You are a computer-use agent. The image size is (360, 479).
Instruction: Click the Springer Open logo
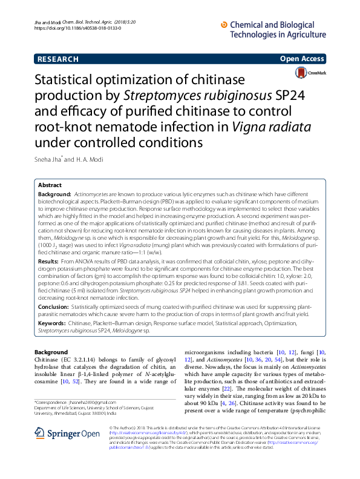(58, 417)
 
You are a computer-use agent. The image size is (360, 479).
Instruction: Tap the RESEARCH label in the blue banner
(58, 59)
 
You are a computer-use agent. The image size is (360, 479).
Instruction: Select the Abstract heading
(50, 185)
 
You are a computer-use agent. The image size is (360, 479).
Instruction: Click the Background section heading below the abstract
(51, 352)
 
